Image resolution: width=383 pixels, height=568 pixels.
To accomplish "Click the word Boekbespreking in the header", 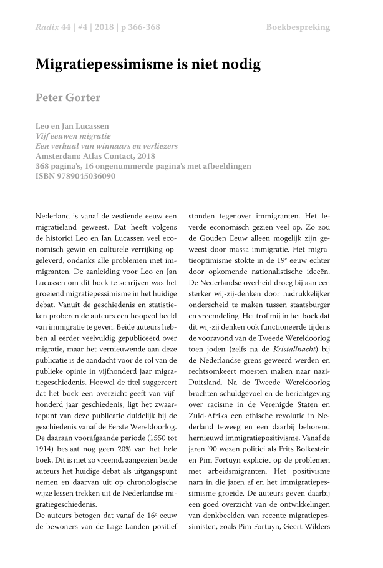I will pos(298,27).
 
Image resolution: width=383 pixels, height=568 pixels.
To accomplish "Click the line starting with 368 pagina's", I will pos(143,166).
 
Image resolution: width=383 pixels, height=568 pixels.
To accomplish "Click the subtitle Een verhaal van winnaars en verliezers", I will pos(107,146).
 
